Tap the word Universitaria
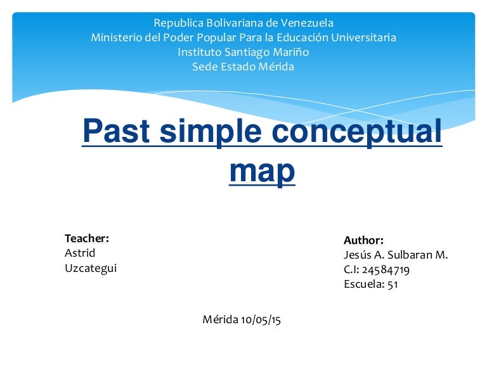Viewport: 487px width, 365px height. click(x=361, y=37)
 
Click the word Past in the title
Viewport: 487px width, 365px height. click(x=119, y=132)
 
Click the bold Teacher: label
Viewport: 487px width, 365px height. click(x=87, y=238)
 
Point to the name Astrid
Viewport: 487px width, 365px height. click(x=80, y=253)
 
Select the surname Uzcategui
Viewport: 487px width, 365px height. click(x=91, y=267)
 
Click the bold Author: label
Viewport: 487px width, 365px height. click(x=363, y=240)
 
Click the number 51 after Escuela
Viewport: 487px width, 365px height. click(x=392, y=284)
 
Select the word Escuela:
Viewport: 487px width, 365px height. click(x=363, y=284)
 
